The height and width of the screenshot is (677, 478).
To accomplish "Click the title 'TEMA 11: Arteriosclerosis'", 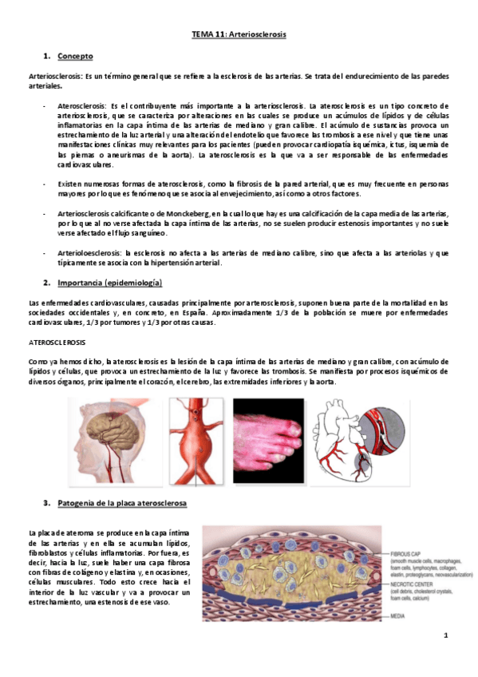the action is pos(239,36).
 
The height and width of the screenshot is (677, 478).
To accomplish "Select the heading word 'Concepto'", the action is pos(75,57).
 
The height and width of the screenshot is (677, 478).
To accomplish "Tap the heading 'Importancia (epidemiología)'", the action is pos(109,283).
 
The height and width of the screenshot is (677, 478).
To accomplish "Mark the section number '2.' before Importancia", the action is pos(46,283).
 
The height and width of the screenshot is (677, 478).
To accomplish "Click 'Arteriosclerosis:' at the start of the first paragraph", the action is pos(54,76).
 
